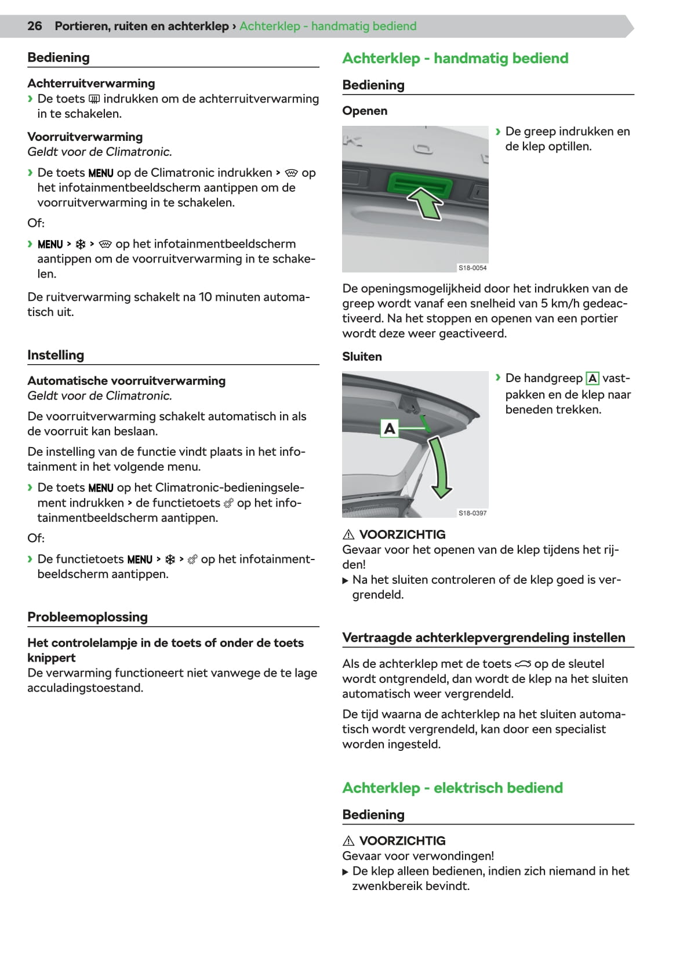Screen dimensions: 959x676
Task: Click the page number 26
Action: pyautogui.click(x=35, y=26)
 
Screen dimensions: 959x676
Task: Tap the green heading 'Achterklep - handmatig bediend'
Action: pyautogui.click(x=455, y=58)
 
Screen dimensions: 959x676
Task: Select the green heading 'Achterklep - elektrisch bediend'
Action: pyautogui.click(x=452, y=787)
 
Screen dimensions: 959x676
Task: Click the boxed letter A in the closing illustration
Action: pyautogui.click(x=390, y=428)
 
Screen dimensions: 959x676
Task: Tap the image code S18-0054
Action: pyautogui.click(x=473, y=268)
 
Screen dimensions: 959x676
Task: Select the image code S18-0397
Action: pyautogui.click(x=473, y=513)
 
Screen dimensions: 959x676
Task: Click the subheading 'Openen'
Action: pyautogui.click(x=365, y=111)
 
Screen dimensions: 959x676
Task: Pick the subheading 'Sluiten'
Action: pyautogui.click(x=362, y=357)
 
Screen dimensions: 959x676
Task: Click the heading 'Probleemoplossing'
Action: pyautogui.click(x=88, y=617)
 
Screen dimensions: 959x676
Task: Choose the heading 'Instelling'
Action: pyautogui.click(x=56, y=355)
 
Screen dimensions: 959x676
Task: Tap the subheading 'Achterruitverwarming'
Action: pyautogui.click(x=91, y=83)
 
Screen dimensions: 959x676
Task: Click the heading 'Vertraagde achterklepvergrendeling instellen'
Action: pyautogui.click(x=484, y=637)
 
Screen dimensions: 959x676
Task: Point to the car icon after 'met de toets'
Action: pyautogui.click(x=523, y=664)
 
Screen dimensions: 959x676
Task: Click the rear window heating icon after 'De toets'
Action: pyautogui.click(x=94, y=99)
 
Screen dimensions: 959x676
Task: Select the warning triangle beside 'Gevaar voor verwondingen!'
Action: pyautogui.click(x=348, y=841)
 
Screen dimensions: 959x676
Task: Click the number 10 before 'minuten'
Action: pyautogui.click(x=205, y=297)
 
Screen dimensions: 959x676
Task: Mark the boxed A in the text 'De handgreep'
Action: pyautogui.click(x=593, y=379)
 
